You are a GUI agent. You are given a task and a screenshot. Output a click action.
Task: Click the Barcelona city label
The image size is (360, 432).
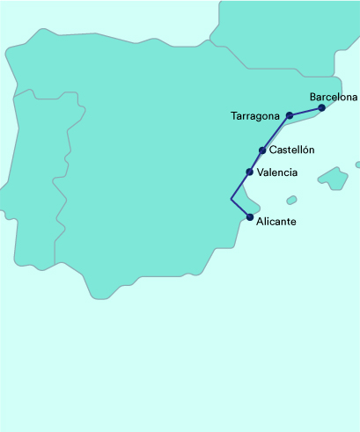click(334, 97)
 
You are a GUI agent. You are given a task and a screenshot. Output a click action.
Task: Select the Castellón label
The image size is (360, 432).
click(291, 150)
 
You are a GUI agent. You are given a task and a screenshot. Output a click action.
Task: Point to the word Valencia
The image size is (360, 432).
click(276, 172)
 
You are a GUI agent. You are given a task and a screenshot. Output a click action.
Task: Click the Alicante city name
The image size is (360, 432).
click(276, 222)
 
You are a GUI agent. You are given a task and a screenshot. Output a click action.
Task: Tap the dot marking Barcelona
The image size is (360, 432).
click(322, 108)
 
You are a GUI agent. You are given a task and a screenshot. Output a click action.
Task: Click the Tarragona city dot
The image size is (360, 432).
click(290, 115)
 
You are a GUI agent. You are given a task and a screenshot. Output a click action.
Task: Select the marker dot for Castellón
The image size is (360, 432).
click(262, 150)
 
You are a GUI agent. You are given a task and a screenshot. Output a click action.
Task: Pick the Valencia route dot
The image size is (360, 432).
click(250, 172)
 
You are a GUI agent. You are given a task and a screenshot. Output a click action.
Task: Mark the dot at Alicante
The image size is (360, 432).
click(250, 217)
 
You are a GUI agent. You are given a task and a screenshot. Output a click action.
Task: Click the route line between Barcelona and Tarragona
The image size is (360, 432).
click(306, 112)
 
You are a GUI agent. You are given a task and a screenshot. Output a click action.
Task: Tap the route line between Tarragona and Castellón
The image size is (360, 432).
click(276, 133)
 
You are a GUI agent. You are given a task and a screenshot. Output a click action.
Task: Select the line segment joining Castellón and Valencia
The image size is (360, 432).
click(256, 161)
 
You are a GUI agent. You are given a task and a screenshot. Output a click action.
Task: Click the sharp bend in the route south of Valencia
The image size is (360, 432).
click(231, 200)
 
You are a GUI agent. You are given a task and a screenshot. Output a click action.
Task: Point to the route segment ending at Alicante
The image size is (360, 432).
click(241, 209)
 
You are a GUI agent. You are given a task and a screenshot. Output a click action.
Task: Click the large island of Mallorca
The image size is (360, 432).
click(333, 179)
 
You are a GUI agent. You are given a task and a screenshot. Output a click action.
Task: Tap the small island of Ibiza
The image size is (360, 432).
click(291, 201)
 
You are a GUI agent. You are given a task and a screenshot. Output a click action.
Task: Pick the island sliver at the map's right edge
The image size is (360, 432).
click(357, 165)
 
